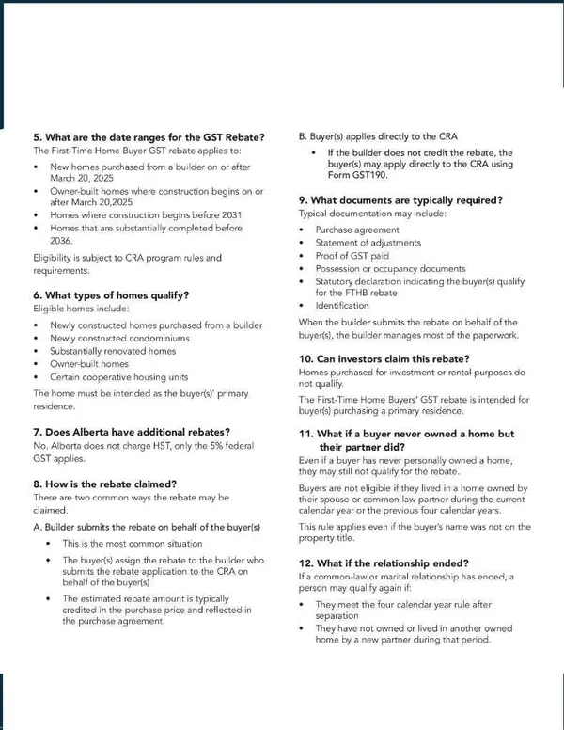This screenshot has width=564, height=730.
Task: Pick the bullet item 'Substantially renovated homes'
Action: (x=113, y=351)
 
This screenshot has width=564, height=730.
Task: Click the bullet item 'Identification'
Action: (x=342, y=306)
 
